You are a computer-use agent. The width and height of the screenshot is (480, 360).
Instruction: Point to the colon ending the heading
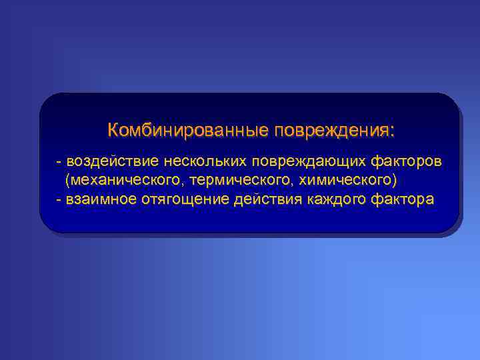coord(392,131)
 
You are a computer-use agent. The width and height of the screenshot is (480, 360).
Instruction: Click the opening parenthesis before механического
coord(67,181)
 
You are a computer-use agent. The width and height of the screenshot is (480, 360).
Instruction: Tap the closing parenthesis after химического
coord(395,181)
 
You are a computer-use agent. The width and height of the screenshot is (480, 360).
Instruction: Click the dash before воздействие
coord(60,162)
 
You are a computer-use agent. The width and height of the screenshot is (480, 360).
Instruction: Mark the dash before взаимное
coord(60,200)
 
